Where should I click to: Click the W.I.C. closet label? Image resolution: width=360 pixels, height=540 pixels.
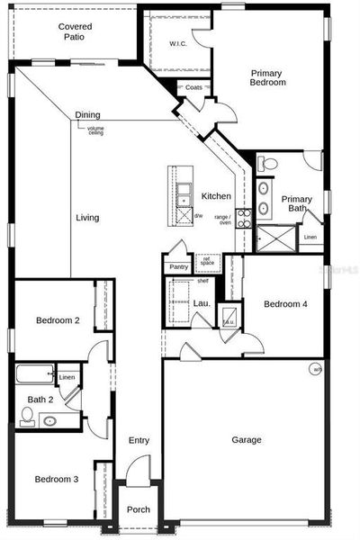coord(177,44)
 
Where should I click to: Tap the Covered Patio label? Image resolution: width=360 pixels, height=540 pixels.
coord(75,32)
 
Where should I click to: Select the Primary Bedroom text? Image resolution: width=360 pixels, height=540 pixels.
coord(267,77)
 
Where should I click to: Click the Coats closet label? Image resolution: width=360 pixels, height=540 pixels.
coord(193,87)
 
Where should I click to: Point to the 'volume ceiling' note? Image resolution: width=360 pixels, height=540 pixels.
coord(95,130)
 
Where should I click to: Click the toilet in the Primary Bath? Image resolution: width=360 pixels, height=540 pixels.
coord(268,164)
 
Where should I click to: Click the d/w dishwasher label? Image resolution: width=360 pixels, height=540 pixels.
coord(198,215)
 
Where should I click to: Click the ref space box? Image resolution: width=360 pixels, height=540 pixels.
coord(207,263)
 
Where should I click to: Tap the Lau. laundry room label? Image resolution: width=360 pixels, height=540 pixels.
coord(202,303)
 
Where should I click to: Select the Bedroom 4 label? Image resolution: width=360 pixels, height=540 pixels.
coord(285,304)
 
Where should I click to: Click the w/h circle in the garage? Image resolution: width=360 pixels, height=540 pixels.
coord(316,368)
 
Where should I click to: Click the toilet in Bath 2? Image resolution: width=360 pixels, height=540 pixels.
coord(28,415)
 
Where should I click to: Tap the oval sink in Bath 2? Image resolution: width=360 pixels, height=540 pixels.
coord(49,419)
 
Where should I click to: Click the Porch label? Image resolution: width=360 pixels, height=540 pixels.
coord(138,509)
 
